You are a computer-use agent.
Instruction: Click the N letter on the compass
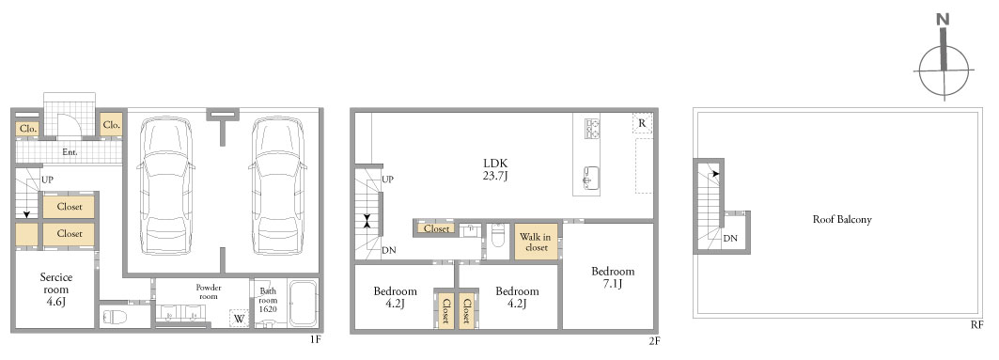pos(943,37)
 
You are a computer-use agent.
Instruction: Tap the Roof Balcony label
pos(842,219)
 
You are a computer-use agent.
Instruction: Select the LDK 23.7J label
pos(495,169)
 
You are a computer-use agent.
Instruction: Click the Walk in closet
pos(536,242)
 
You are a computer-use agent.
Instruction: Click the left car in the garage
pos(165,185)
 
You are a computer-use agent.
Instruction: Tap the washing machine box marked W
pos(239,318)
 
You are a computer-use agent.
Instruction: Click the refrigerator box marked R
pos(642,123)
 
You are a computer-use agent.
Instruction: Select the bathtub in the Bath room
pos(304,304)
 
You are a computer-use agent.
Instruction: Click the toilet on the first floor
pos(115,317)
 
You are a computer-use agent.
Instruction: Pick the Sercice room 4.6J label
pos(56,290)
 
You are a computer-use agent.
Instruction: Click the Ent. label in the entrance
pos(70,152)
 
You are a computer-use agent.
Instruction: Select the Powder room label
pos(209,291)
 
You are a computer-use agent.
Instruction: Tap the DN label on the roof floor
pos(730,239)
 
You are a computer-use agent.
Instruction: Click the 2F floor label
pos(654,340)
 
